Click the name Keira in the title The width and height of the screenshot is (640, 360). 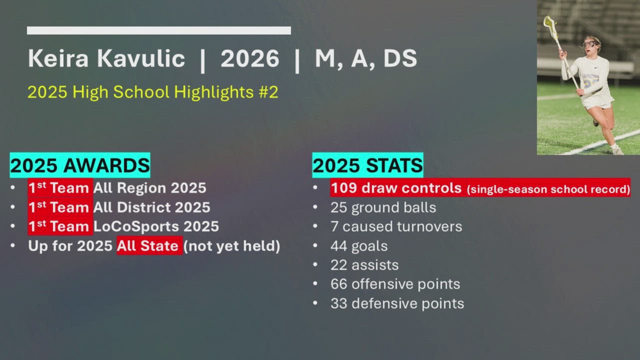(58, 58)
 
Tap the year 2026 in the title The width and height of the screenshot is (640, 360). (249, 58)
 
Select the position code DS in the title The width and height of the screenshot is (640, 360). (400, 58)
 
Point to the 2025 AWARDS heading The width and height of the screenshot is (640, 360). (80, 165)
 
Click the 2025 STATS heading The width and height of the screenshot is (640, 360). (367, 165)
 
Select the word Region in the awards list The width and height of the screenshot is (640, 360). (141, 188)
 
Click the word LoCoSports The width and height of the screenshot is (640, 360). (136, 226)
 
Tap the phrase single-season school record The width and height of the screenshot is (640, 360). (548, 189)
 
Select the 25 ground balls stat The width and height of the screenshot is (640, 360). (383, 207)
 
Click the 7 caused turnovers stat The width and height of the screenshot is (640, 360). (396, 226)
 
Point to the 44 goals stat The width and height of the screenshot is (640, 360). (359, 246)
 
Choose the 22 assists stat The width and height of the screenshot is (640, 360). (364, 265)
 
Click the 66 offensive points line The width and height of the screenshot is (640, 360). (395, 284)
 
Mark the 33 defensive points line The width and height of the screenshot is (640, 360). (397, 303)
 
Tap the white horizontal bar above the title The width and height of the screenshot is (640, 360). (159, 30)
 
